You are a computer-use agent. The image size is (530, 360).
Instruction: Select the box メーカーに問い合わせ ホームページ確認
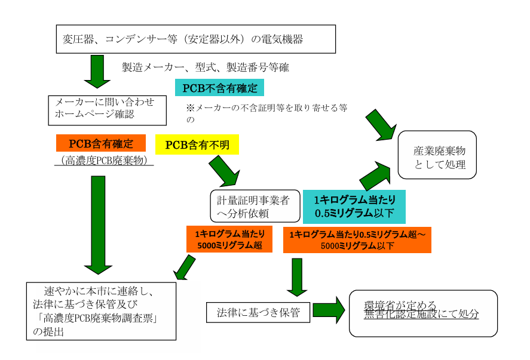click(x=107, y=109)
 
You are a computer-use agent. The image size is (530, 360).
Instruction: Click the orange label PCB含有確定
click(x=101, y=143)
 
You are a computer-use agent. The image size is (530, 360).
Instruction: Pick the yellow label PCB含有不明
click(x=197, y=144)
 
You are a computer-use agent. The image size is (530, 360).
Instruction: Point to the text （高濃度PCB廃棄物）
click(x=105, y=159)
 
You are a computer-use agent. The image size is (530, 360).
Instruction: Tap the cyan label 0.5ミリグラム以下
click(x=354, y=207)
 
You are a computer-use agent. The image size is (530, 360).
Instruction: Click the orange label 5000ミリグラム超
click(x=229, y=239)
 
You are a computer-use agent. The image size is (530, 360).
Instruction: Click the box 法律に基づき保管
click(x=258, y=311)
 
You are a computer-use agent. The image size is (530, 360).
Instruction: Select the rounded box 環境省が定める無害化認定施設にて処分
click(x=423, y=313)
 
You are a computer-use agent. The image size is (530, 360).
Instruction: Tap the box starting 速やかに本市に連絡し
click(x=102, y=310)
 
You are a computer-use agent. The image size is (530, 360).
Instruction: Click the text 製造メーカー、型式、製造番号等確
click(x=206, y=67)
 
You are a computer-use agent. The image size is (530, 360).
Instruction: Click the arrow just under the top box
click(x=96, y=70)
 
